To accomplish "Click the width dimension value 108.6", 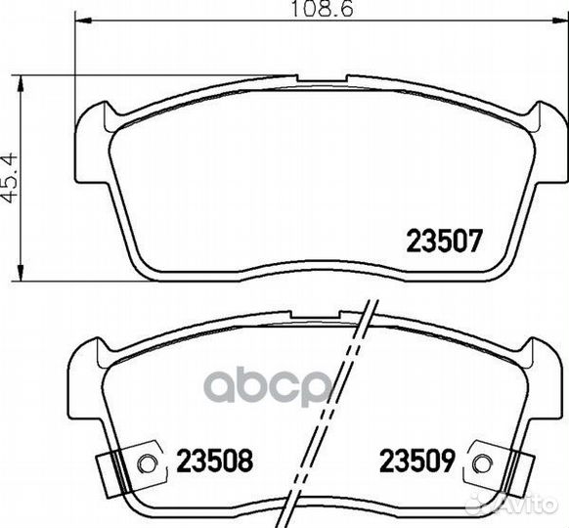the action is click(322, 9).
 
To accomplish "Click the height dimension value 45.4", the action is click(10, 178).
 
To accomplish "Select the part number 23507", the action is click(445, 241).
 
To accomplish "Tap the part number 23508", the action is click(214, 461).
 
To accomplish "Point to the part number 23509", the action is click(416, 461).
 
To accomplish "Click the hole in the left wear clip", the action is click(147, 463).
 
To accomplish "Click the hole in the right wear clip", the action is click(483, 463).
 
